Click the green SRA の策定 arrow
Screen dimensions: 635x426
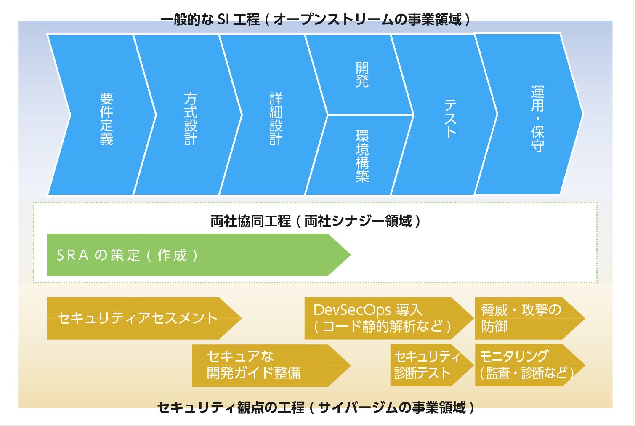pyautogui.click(x=189, y=255)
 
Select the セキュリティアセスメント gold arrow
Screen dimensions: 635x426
pyautogui.click(x=139, y=318)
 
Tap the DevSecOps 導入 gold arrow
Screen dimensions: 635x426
pyautogui.click(x=383, y=318)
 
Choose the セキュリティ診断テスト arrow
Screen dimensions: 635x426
pyautogui.click(x=427, y=365)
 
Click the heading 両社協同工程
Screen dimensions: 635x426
pyautogui.click(x=250, y=221)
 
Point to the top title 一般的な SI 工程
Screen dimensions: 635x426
pyautogui.click(x=210, y=19)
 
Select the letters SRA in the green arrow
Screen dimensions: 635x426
pyautogui.click(x=73, y=256)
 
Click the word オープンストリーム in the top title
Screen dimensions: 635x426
pyautogui.click(x=332, y=19)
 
